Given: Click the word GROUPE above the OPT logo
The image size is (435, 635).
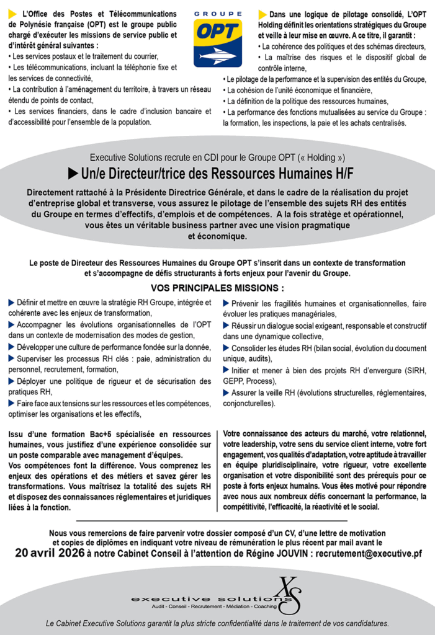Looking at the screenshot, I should pyautogui.click(x=217, y=13).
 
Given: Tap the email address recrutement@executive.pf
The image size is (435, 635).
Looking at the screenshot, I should pyautogui.click(x=369, y=553).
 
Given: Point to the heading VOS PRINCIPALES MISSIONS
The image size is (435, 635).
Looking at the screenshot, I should pyautogui.click(x=217, y=288).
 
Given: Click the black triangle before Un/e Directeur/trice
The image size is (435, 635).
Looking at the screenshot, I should pyautogui.click(x=73, y=173).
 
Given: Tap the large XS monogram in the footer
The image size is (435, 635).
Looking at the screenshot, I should pyautogui.click(x=289, y=593).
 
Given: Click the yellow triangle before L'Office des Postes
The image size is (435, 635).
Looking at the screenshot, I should pyautogui.click(x=12, y=14).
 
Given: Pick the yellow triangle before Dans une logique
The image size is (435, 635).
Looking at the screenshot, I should pyautogui.click(x=262, y=14).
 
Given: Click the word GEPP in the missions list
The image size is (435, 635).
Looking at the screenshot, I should pyautogui.click(x=234, y=381).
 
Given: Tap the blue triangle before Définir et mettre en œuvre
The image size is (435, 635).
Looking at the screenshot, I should pyautogui.click(x=11, y=303).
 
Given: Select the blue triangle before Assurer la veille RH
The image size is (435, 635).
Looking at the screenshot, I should pyautogui.click(x=226, y=393).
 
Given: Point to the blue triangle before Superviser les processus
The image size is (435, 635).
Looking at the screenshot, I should pyautogui.click(x=11, y=358).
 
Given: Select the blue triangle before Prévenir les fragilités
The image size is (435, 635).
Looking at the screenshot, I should pyautogui.click(x=226, y=303).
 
